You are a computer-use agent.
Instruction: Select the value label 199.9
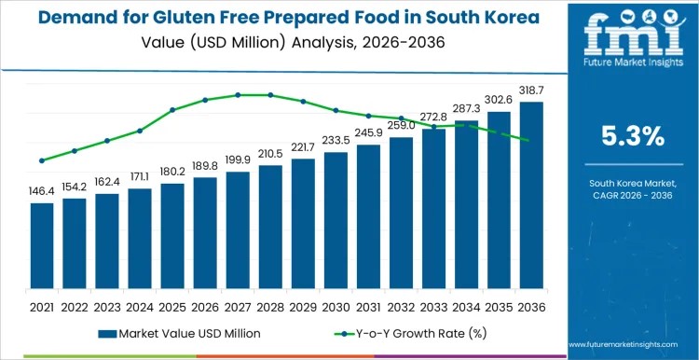pos(238,159)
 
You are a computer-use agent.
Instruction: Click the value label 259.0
pos(401,124)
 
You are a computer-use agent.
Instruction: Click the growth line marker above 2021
pos(42,160)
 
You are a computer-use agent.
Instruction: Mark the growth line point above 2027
pos(238,94)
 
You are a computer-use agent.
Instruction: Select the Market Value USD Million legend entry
pos(181,333)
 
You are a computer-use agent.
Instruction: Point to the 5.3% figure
pos(633,136)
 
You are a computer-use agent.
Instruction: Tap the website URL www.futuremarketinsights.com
pos(633,344)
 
